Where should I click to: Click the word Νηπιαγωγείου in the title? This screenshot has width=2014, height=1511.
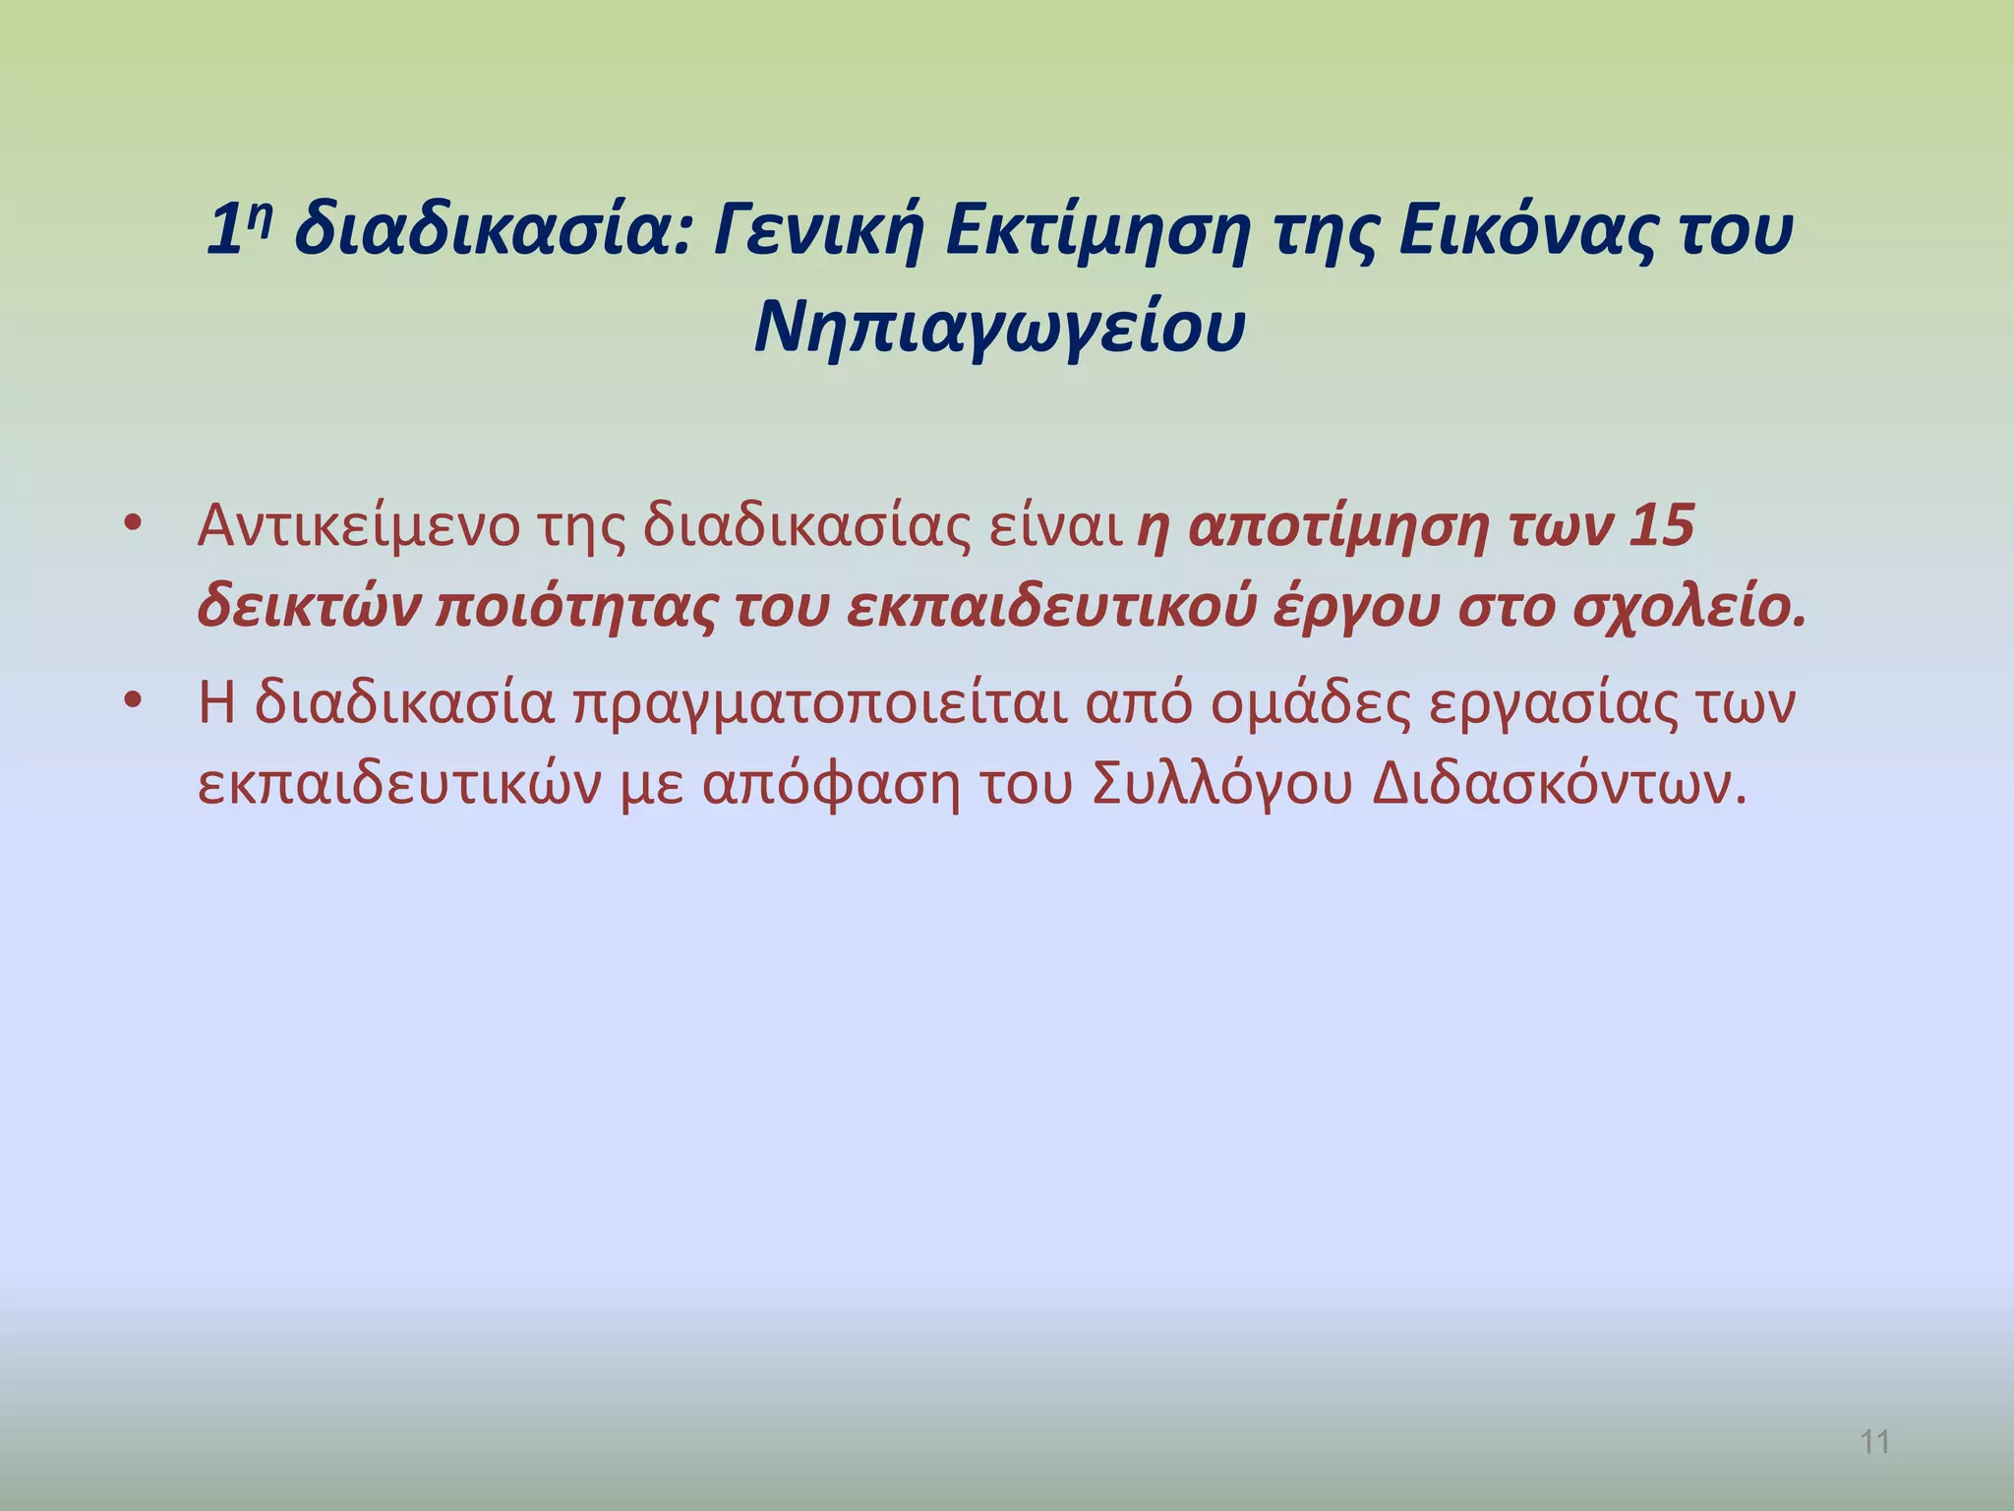pos(999,327)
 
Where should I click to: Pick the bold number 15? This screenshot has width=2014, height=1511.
pos(1662,526)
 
